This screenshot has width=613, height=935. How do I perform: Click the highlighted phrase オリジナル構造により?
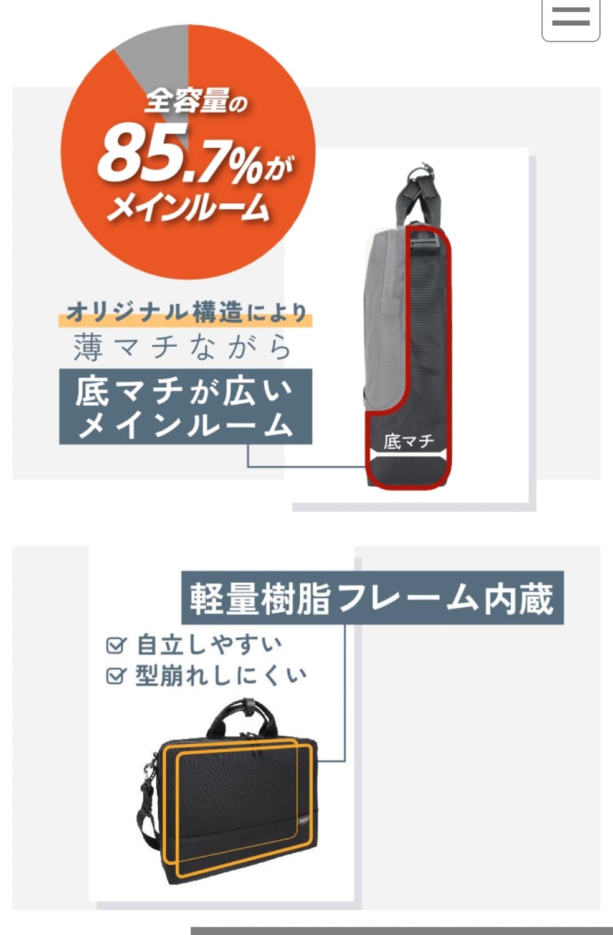click(186, 312)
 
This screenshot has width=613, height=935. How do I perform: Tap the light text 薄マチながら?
click(182, 347)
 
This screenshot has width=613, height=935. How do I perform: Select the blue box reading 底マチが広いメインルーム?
click(185, 406)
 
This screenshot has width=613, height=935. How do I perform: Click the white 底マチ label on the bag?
click(409, 441)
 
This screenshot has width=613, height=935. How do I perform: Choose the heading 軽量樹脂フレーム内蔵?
click(372, 598)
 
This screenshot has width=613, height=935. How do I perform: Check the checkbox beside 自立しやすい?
click(115, 645)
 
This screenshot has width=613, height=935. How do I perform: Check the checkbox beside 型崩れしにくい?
click(115, 676)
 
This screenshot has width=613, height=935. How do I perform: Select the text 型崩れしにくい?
click(221, 676)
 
